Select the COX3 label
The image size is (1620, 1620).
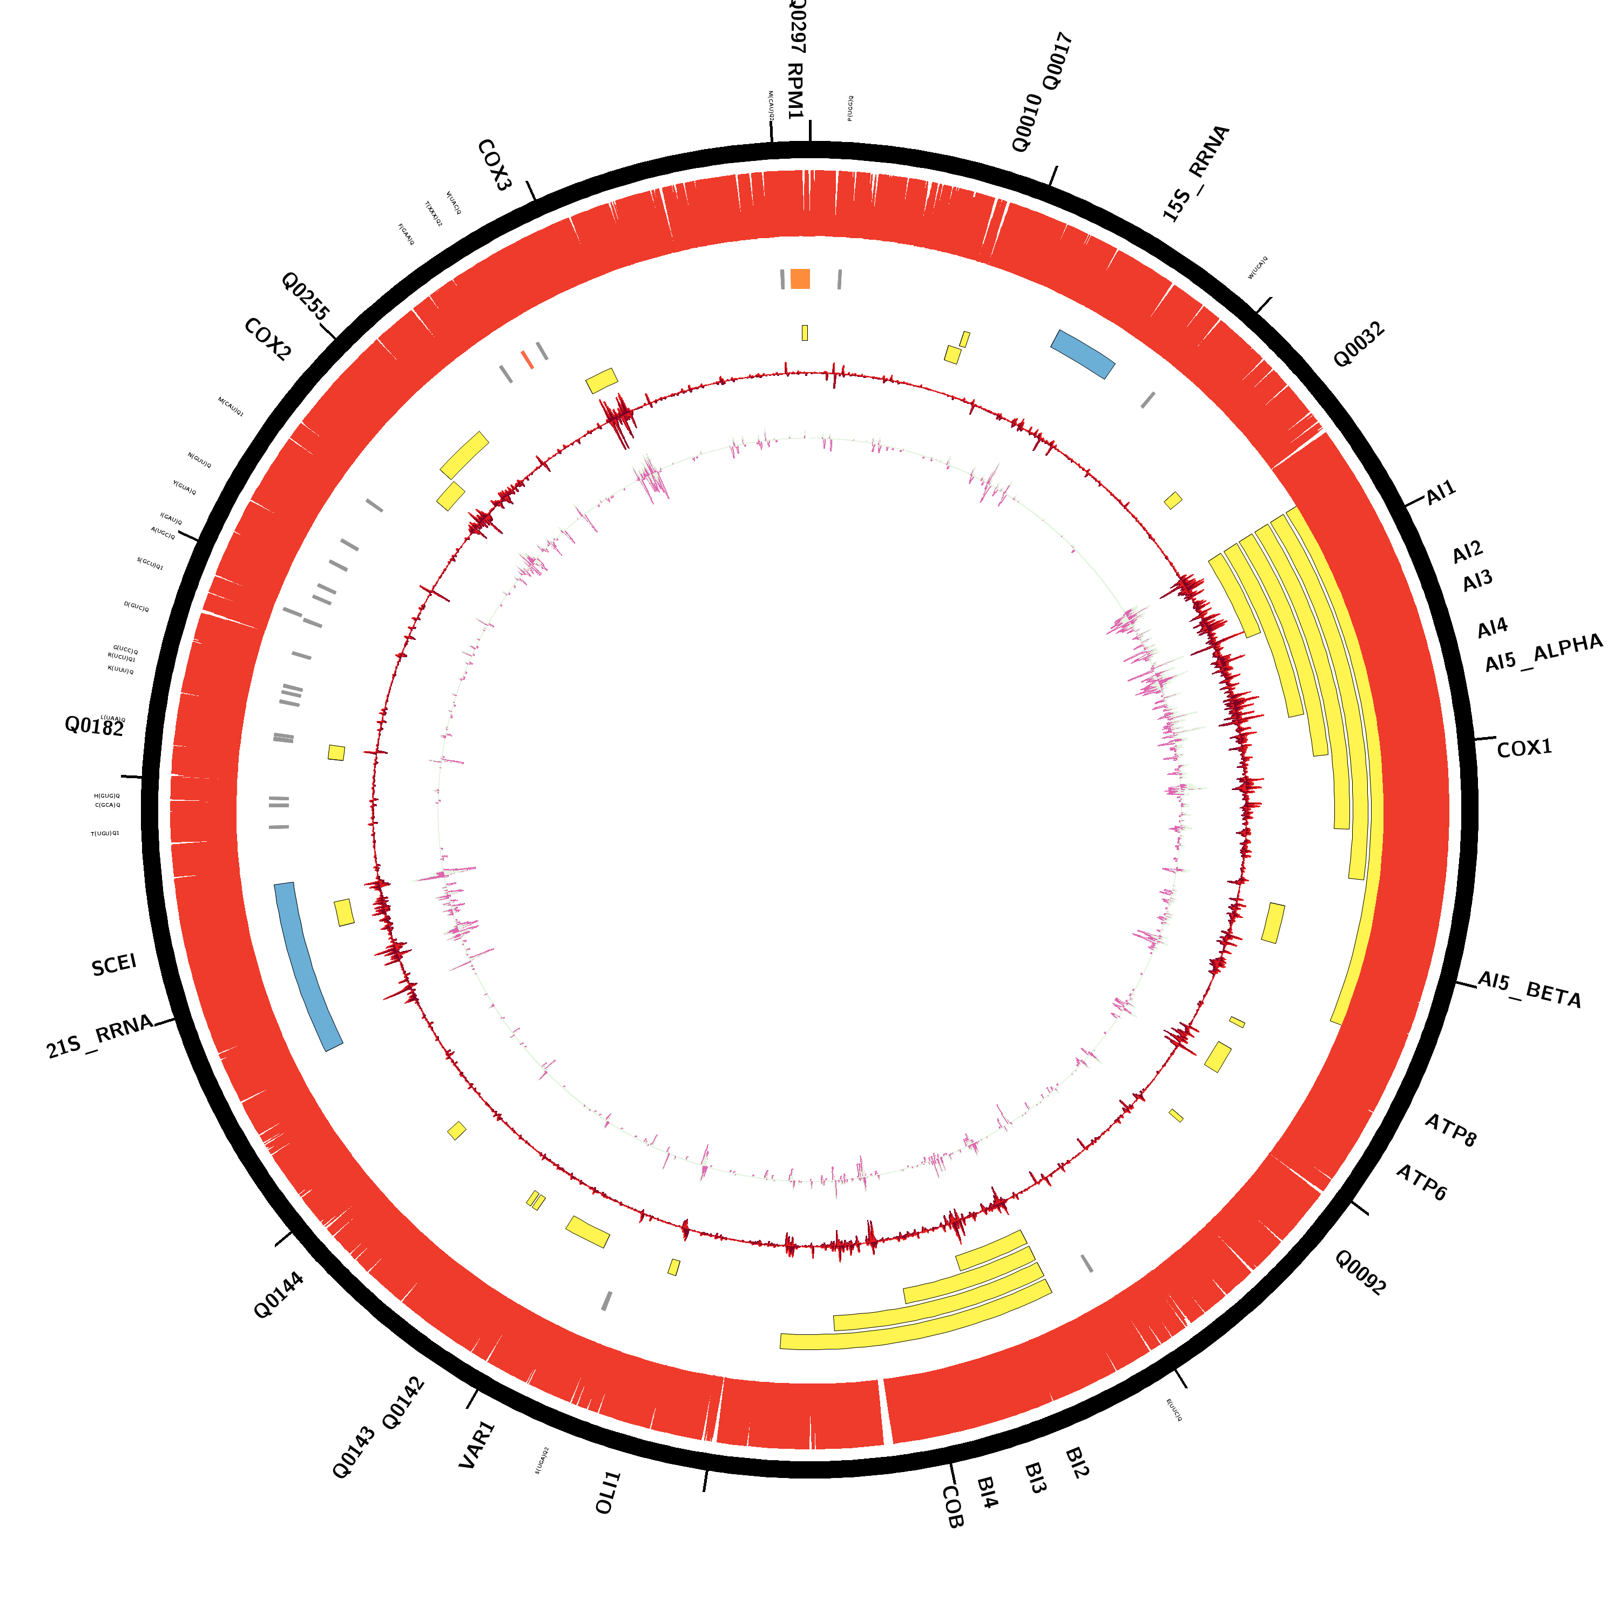tap(494, 165)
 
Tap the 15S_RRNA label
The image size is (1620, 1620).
tap(1196, 173)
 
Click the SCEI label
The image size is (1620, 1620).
tap(114, 965)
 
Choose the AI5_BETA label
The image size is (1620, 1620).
tap(1529, 989)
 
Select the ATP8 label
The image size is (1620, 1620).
tap(1450, 1130)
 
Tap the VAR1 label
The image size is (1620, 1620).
tap(477, 1444)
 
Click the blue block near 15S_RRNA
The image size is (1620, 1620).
tap(1083, 353)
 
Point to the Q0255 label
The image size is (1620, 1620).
tap(305, 295)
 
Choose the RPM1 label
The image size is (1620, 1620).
tap(795, 91)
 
